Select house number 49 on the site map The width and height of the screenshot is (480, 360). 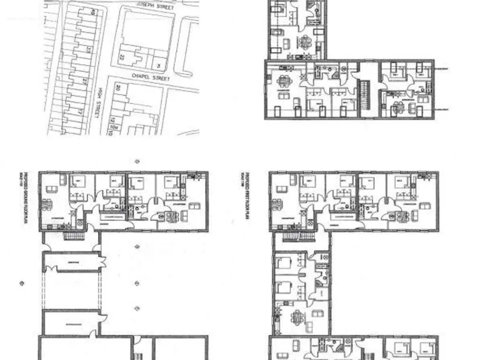(x=92, y=12)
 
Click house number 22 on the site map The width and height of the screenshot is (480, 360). (x=122, y=57)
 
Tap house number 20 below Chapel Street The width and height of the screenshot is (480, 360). (x=117, y=87)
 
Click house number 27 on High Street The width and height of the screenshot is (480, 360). (x=84, y=81)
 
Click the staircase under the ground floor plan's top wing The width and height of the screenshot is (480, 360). (x=74, y=236)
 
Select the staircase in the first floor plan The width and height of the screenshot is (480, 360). (x=292, y=236)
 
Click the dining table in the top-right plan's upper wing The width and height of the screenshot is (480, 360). (x=304, y=42)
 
